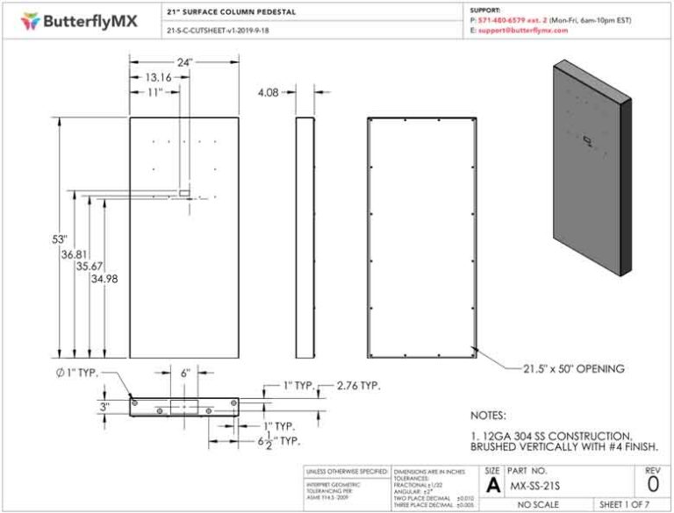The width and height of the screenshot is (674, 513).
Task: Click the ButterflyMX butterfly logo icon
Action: [x=31, y=19]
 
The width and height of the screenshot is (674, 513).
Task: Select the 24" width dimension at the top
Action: [x=184, y=61]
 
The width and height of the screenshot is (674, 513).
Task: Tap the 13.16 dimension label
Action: [x=153, y=77]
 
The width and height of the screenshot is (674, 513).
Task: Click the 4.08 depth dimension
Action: [x=268, y=91]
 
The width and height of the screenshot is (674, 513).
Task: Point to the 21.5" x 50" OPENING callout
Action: [x=574, y=369]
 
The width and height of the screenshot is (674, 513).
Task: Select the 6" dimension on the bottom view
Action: [x=185, y=373]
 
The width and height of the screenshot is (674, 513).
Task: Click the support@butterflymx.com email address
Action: [x=524, y=30]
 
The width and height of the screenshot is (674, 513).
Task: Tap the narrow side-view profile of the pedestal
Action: [x=305, y=237]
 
